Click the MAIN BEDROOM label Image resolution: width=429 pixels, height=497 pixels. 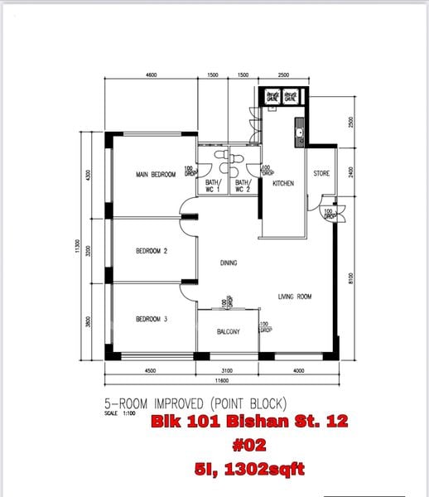tap(156, 175)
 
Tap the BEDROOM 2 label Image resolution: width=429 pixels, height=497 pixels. tap(152, 250)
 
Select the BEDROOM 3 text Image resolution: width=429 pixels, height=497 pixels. tap(152, 319)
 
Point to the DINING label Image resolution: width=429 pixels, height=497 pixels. tap(229, 263)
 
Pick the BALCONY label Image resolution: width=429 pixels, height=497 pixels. tap(229, 332)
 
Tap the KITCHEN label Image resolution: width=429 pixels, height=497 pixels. tap(284, 184)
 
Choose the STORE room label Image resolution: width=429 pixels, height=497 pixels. tap(321, 174)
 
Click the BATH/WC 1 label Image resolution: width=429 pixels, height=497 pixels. tap(214, 186)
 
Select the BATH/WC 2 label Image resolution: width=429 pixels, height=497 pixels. tap(243, 186)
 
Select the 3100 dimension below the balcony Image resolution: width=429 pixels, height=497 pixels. tap(228, 371)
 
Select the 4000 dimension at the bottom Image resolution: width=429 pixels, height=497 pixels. tap(298, 371)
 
